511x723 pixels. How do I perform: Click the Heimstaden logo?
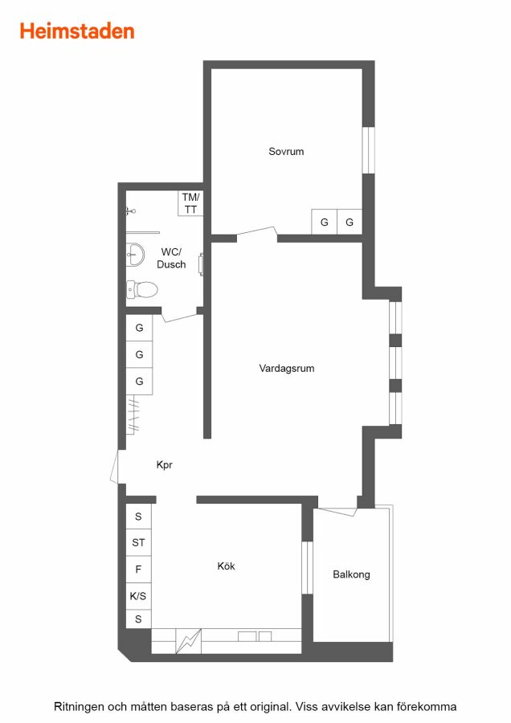(x=77, y=31)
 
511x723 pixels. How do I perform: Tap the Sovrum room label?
(x=286, y=151)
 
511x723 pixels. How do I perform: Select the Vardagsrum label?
(x=286, y=369)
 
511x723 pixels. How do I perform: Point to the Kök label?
(x=226, y=566)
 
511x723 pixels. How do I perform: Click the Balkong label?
(x=351, y=574)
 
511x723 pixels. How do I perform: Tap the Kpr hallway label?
(x=164, y=465)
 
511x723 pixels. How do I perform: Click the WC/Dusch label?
(x=171, y=258)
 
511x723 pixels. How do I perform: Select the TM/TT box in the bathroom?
(x=190, y=203)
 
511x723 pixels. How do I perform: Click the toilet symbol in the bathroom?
(x=142, y=289)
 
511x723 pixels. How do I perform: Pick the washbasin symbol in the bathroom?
(x=135, y=255)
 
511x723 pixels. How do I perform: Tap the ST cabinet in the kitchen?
(x=138, y=543)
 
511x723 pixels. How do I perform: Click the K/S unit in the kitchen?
(x=138, y=596)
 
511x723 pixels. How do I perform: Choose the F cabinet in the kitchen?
(x=138, y=570)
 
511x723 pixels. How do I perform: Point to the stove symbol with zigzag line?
(x=189, y=641)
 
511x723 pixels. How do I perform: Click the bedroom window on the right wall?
(x=368, y=150)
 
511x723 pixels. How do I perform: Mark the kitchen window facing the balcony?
(x=307, y=568)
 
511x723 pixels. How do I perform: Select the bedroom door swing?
(x=257, y=234)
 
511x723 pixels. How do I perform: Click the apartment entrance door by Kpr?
(x=115, y=467)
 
